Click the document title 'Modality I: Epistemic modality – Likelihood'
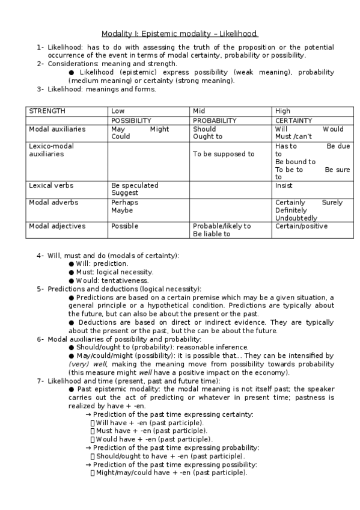point(180,34)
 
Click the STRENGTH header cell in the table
point(47,111)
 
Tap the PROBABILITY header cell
point(215,120)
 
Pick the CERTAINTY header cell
point(294,120)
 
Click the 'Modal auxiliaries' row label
point(57,129)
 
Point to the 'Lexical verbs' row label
point(51,185)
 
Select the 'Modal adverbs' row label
point(53,202)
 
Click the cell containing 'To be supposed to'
point(224,154)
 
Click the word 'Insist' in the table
point(284,185)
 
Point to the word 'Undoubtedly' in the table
point(296,218)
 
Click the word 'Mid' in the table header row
point(199,111)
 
